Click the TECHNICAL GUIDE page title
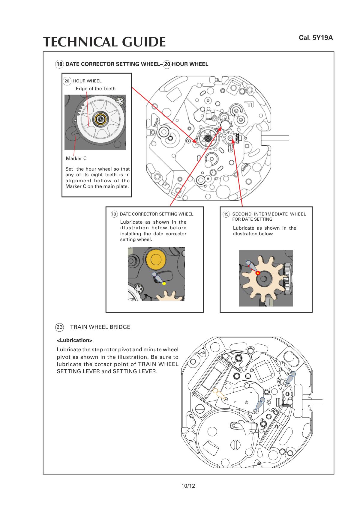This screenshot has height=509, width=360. pyautogui.click(x=104, y=42)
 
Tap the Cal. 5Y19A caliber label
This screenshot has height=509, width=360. pyautogui.click(x=316, y=38)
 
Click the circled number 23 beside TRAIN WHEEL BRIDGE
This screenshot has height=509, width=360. pyautogui.click(x=59, y=327)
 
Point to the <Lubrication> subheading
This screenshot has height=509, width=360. pyautogui.click(x=75, y=340)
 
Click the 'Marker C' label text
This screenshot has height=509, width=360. pyautogui.click(x=76, y=158)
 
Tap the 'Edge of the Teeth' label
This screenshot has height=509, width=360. pyautogui.click(x=95, y=88)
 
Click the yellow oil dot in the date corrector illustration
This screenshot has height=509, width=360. pyautogui.click(x=164, y=284)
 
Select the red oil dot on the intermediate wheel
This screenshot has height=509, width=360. pyautogui.click(x=257, y=273)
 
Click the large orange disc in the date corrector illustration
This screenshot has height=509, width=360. pyautogui.click(x=156, y=258)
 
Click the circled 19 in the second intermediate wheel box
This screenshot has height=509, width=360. pyautogui.click(x=226, y=214)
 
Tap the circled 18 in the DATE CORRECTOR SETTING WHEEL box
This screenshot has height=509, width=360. pyautogui.click(x=114, y=214)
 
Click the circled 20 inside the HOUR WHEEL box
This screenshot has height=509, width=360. pyautogui.click(x=67, y=81)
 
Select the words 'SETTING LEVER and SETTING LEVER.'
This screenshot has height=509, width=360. pyautogui.click(x=107, y=371)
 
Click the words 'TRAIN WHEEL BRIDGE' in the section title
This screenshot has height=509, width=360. pyautogui.click(x=100, y=327)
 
